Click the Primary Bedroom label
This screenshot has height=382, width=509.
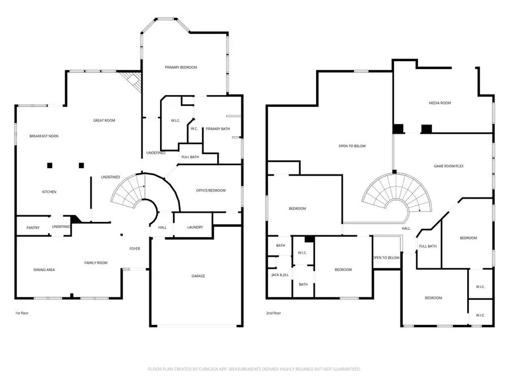click(181, 67)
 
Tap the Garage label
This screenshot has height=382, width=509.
click(198, 276)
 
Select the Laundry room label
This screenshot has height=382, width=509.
click(195, 227)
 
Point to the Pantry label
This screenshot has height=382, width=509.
click(33, 228)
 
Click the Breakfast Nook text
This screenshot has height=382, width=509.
click(44, 136)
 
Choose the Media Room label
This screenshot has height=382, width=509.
click(439, 103)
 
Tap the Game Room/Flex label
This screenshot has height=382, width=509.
click(448, 166)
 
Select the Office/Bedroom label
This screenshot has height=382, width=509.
click(211, 190)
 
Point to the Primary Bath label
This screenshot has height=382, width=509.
click(218, 128)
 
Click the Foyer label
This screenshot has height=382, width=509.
click(135, 248)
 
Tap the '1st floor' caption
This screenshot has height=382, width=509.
click(21, 313)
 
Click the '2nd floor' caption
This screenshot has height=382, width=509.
click(273, 313)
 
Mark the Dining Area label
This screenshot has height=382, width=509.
click(44, 270)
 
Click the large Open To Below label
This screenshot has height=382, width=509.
click(352, 146)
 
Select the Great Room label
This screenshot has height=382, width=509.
click(104, 121)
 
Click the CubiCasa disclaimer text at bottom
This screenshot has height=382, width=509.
click(255, 369)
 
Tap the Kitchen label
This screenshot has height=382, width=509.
click(49, 192)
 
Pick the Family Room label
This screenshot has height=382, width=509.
click(96, 263)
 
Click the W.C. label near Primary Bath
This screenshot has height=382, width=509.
click(194, 128)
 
